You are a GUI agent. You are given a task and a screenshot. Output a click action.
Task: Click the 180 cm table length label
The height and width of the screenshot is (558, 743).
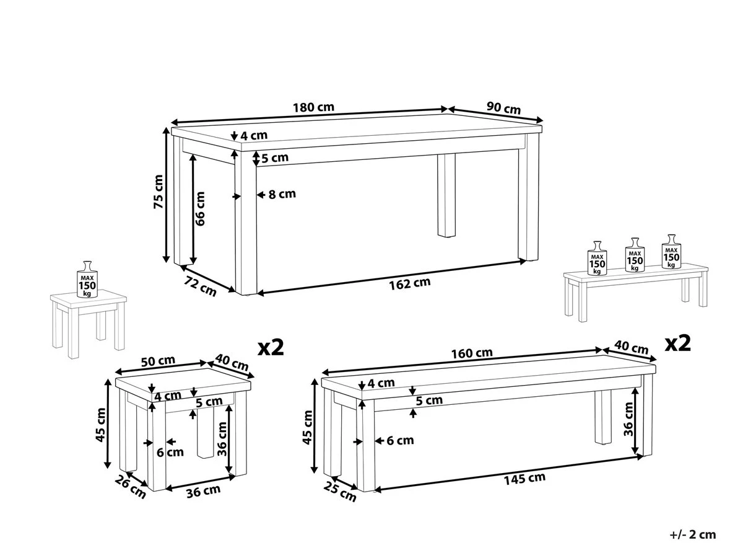(x=313, y=107)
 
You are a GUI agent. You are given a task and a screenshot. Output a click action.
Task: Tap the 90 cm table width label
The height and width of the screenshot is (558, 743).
(x=503, y=107)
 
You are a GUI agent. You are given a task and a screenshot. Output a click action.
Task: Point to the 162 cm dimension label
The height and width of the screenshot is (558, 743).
(x=409, y=283)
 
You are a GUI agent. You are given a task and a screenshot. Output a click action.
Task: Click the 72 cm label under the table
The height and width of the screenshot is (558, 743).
(x=201, y=286)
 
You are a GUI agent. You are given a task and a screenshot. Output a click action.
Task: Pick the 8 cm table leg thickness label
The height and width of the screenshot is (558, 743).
(x=282, y=194)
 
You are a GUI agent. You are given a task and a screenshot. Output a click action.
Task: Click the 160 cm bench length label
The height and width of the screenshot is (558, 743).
(x=472, y=353)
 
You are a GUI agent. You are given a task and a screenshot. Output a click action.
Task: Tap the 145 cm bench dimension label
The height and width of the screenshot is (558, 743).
(x=524, y=477)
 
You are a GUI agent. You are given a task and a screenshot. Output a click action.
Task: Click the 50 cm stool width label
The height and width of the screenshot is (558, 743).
(x=158, y=361)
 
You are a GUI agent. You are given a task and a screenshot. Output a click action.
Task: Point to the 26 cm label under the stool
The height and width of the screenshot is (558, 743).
(x=131, y=489)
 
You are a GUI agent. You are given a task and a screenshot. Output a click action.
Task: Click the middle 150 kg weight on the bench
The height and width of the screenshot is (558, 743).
(x=634, y=255)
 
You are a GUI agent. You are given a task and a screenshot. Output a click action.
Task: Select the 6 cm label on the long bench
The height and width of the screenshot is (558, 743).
(x=399, y=441)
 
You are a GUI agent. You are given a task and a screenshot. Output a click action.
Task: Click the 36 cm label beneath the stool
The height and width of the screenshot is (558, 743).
(x=203, y=490)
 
